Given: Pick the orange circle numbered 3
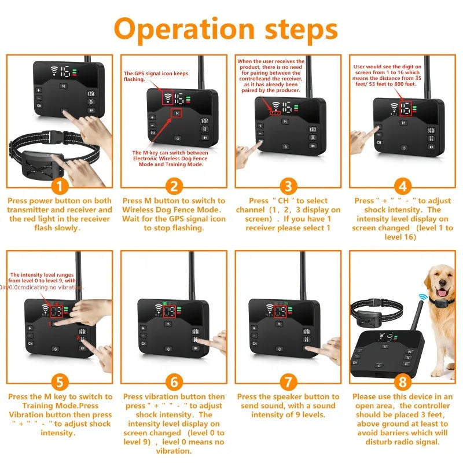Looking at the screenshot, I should (288, 186).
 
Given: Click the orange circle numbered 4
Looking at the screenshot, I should (402, 186).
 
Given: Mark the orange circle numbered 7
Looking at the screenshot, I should (288, 383).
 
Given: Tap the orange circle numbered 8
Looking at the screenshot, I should (402, 383).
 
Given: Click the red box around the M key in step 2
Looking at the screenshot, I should (177, 113).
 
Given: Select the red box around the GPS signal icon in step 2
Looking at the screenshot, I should (168, 98).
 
